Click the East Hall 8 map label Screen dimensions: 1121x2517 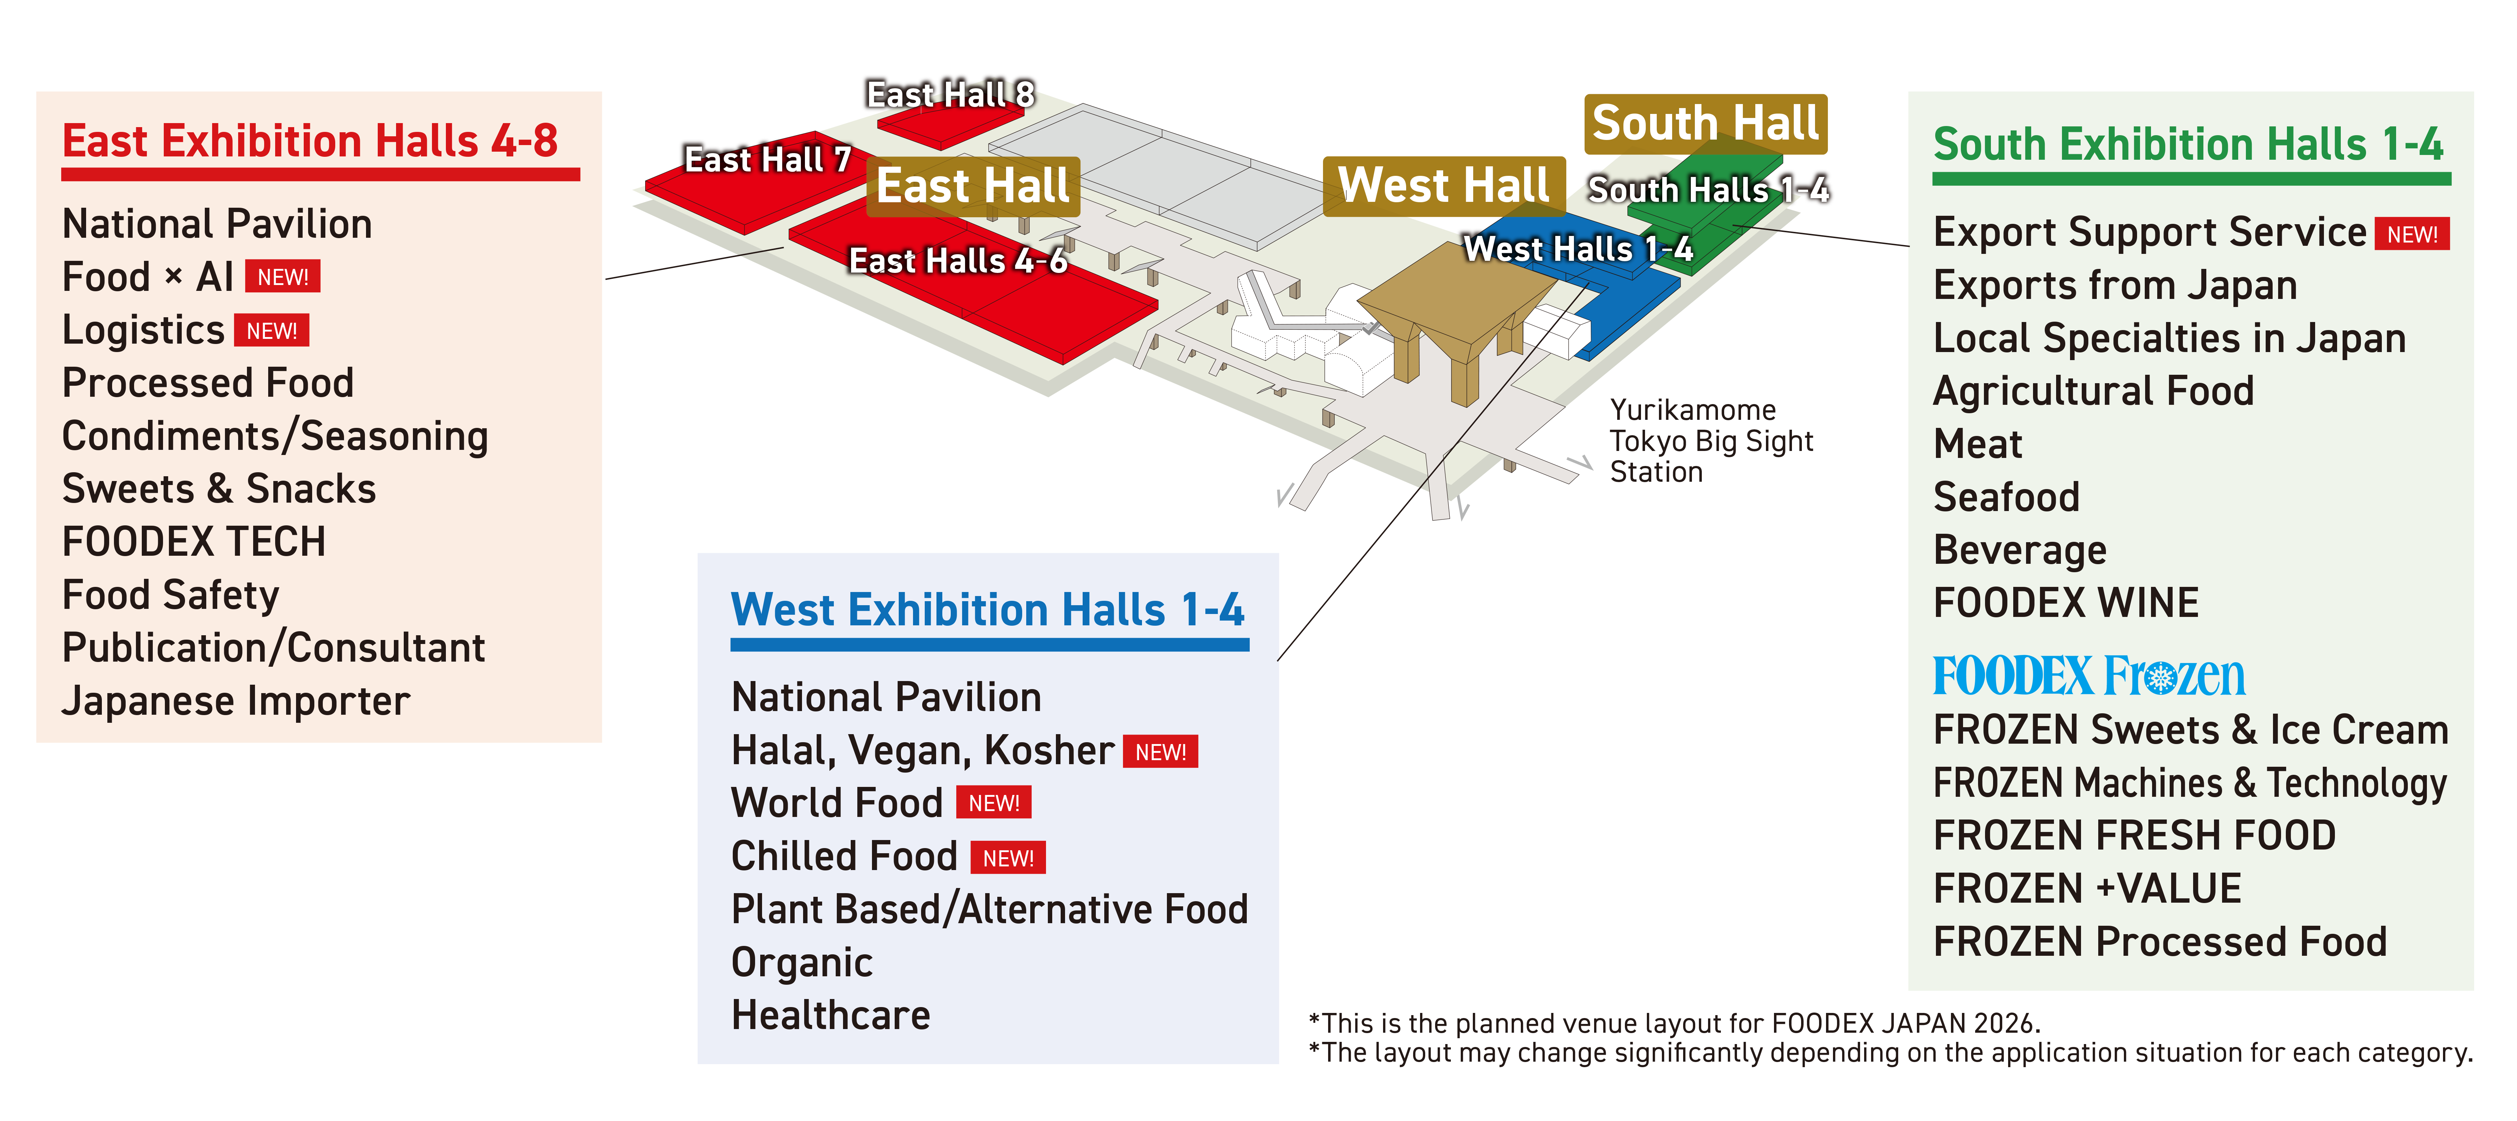(x=950, y=95)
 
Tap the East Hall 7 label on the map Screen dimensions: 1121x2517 (x=767, y=159)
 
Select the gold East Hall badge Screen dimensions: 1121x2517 (x=972, y=186)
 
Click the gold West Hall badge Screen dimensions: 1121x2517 (x=1443, y=186)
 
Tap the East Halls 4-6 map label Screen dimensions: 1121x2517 (x=958, y=261)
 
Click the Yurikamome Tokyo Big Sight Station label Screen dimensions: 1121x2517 (x=1710, y=441)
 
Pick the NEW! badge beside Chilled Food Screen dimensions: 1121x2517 (x=1008, y=858)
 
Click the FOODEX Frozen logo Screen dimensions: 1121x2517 (x=2088, y=676)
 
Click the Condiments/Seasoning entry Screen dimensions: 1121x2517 (x=274, y=436)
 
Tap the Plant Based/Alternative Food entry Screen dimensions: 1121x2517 (x=989, y=909)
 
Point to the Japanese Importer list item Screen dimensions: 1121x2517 (x=236, y=701)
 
